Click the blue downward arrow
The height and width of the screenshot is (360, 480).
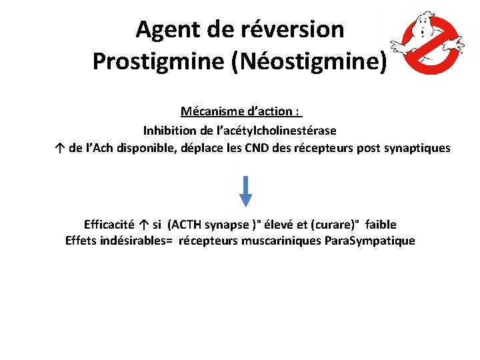tap(246, 191)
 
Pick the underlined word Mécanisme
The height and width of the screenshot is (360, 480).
tap(207, 111)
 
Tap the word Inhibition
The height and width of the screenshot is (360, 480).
tap(168, 130)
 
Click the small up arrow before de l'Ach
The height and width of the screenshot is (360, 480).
tap(61, 148)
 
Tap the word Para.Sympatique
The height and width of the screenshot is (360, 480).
tap(369, 241)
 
